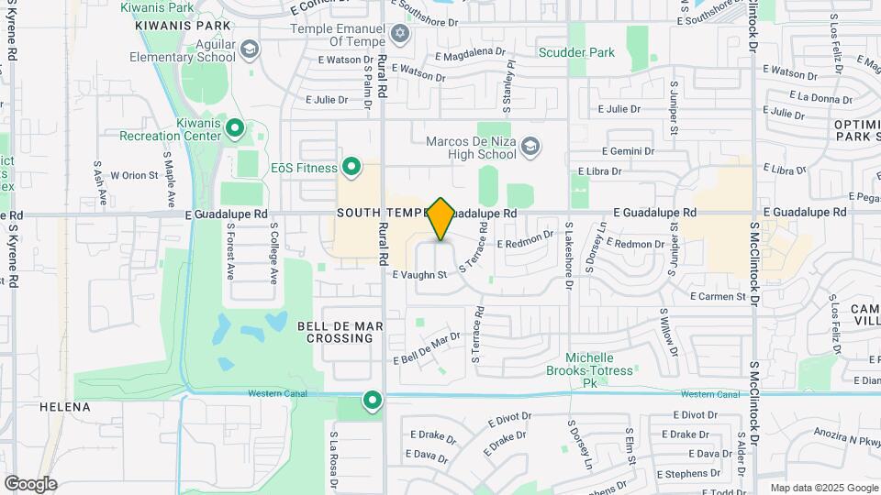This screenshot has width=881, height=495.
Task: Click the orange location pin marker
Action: point(441,218)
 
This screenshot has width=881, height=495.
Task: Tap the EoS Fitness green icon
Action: point(351,167)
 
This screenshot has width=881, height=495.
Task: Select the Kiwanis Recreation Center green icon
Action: point(234,128)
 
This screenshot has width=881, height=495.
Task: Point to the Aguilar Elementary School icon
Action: point(249,49)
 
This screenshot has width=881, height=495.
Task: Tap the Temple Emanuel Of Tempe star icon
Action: point(398,34)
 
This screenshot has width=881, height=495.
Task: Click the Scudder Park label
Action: point(576,52)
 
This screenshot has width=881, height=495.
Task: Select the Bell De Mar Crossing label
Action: point(335,331)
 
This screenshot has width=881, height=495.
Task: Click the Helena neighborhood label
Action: point(65,406)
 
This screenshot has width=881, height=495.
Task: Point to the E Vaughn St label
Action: point(419,274)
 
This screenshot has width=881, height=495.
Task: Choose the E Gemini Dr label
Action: point(628,150)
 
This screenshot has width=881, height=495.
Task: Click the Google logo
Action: point(30,483)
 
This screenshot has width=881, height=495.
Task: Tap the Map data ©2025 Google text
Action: point(824,488)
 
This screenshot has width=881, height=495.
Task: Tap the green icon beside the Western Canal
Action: point(372,401)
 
